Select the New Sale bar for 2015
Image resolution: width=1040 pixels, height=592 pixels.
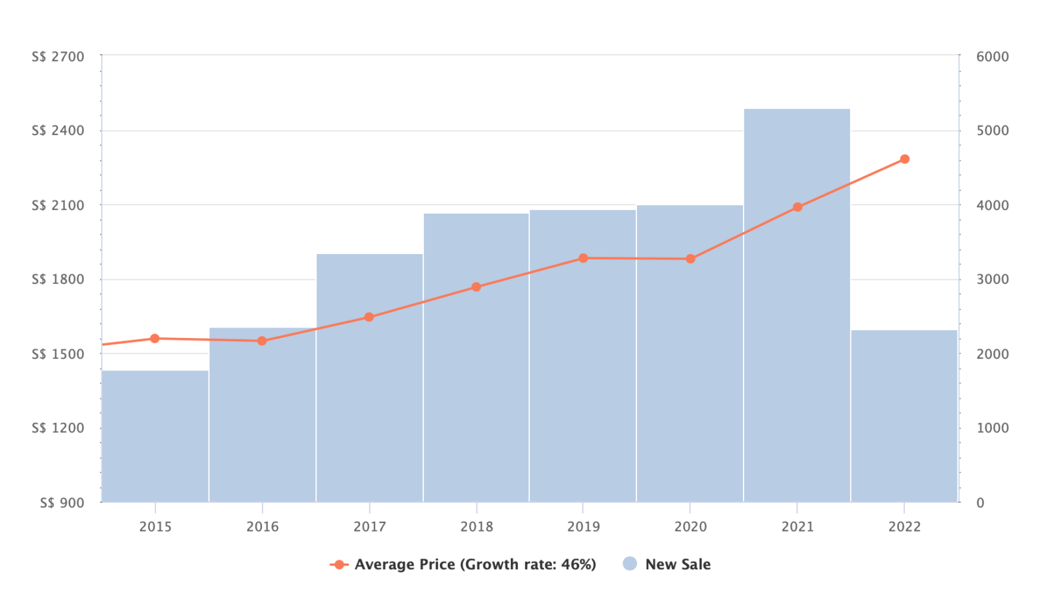click(155, 435)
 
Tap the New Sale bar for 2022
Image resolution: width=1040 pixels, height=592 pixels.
click(904, 416)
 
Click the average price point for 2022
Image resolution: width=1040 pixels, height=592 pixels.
click(904, 159)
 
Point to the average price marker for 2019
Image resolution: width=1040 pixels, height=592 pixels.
click(583, 258)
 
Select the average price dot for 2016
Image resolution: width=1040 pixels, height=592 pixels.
click(262, 341)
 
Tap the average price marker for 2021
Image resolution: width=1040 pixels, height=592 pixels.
click(798, 207)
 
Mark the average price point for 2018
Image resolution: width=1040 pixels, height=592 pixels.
click(476, 287)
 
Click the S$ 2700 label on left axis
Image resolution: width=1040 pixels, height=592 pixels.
click(58, 57)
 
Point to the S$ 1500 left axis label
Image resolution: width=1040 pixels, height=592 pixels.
click(58, 354)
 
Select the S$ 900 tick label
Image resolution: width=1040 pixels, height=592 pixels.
click(62, 503)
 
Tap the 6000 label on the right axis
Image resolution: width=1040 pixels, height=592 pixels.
click(993, 57)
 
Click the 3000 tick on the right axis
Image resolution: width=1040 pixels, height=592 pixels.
click(993, 279)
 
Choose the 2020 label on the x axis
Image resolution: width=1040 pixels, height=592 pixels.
click(690, 527)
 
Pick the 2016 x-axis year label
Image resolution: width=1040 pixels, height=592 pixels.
click(262, 527)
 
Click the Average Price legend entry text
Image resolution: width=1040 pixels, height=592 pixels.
click(475, 565)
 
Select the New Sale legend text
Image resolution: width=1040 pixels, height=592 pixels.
click(677, 565)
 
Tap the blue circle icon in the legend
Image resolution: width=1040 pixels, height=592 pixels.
click(629, 564)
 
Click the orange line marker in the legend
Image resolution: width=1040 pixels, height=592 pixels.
click(339, 565)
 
